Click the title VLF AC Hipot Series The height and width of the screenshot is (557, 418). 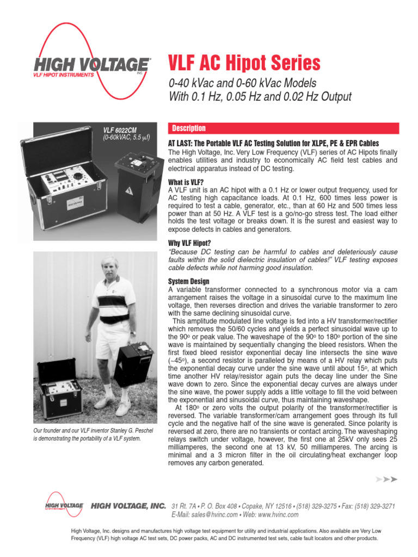245,64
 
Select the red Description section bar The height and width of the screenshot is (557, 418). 283,128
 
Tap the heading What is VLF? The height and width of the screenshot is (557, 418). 186,182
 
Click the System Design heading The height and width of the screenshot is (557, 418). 189,281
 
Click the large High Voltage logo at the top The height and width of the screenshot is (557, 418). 90,64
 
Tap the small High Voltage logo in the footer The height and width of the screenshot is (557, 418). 64,505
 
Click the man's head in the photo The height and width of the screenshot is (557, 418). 109,267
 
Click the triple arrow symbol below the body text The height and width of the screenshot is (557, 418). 386,479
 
